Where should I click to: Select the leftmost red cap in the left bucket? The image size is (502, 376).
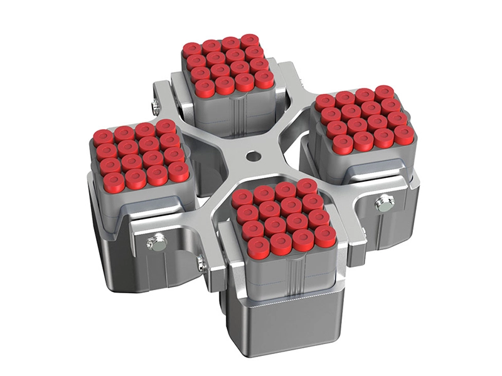point(103,136)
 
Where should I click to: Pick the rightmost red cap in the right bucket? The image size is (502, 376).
point(404,133)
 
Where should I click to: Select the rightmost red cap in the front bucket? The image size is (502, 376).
point(325,236)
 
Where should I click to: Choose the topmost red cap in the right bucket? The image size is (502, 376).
point(384,92)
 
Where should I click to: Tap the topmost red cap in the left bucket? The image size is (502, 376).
point(165,127)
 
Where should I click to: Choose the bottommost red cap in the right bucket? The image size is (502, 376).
point(343,144)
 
